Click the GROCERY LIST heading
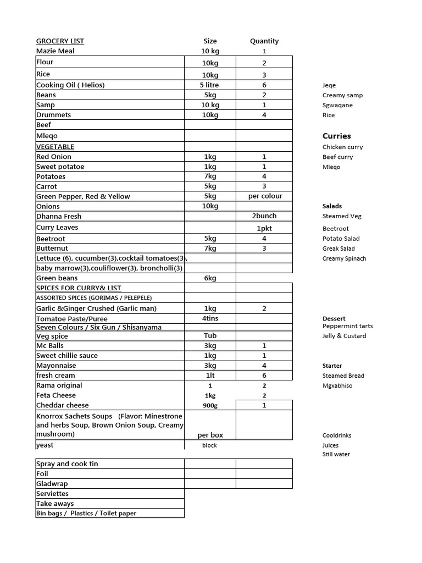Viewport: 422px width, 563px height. pyautogui.click(x=60, y=41)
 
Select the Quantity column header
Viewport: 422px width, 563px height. pyautogui.click(x=264, y=41)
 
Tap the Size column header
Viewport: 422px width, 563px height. pyautogui.click(x=210, y=41)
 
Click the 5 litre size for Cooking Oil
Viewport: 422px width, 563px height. pyautogui.click(x=210, y=85)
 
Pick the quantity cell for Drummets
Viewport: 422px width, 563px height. pyautogui.click(x=264, y=115)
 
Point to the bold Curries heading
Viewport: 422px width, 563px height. pyautogui.click(x=336, y=136)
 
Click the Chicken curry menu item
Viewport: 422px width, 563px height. pyautogui.click(x=342, y=147)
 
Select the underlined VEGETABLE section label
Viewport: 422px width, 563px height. pyautogui.click(x=55, y=147)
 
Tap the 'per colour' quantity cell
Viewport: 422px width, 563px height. pyautogui.click(x=264, y=196)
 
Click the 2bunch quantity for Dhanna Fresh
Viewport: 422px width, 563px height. pyautogui.click(x=264, y=216)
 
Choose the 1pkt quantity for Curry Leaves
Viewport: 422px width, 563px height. pyautogui.click(x=264, y=228)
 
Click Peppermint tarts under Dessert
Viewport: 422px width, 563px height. pyautogui.click(x=347, y=326)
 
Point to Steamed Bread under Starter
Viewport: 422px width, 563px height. pyautogui.click(x=343, y=376)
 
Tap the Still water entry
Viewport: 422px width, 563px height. pyautogui.click(x=336, y=454)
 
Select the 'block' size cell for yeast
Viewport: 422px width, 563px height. pyautogui.click(x=210, y=445)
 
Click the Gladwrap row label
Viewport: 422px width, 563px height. pyautogui.click(x=52, y=484)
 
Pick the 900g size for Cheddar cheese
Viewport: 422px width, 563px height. pyautogui.click(x=210, y=405)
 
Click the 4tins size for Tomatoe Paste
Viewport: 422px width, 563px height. pyautogui.click(x=210, y=318)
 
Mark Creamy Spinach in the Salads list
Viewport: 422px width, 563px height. pyautogui.click(x=344, y=258)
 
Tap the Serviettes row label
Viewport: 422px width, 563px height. pyautogui.click(x=52, y=494)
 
